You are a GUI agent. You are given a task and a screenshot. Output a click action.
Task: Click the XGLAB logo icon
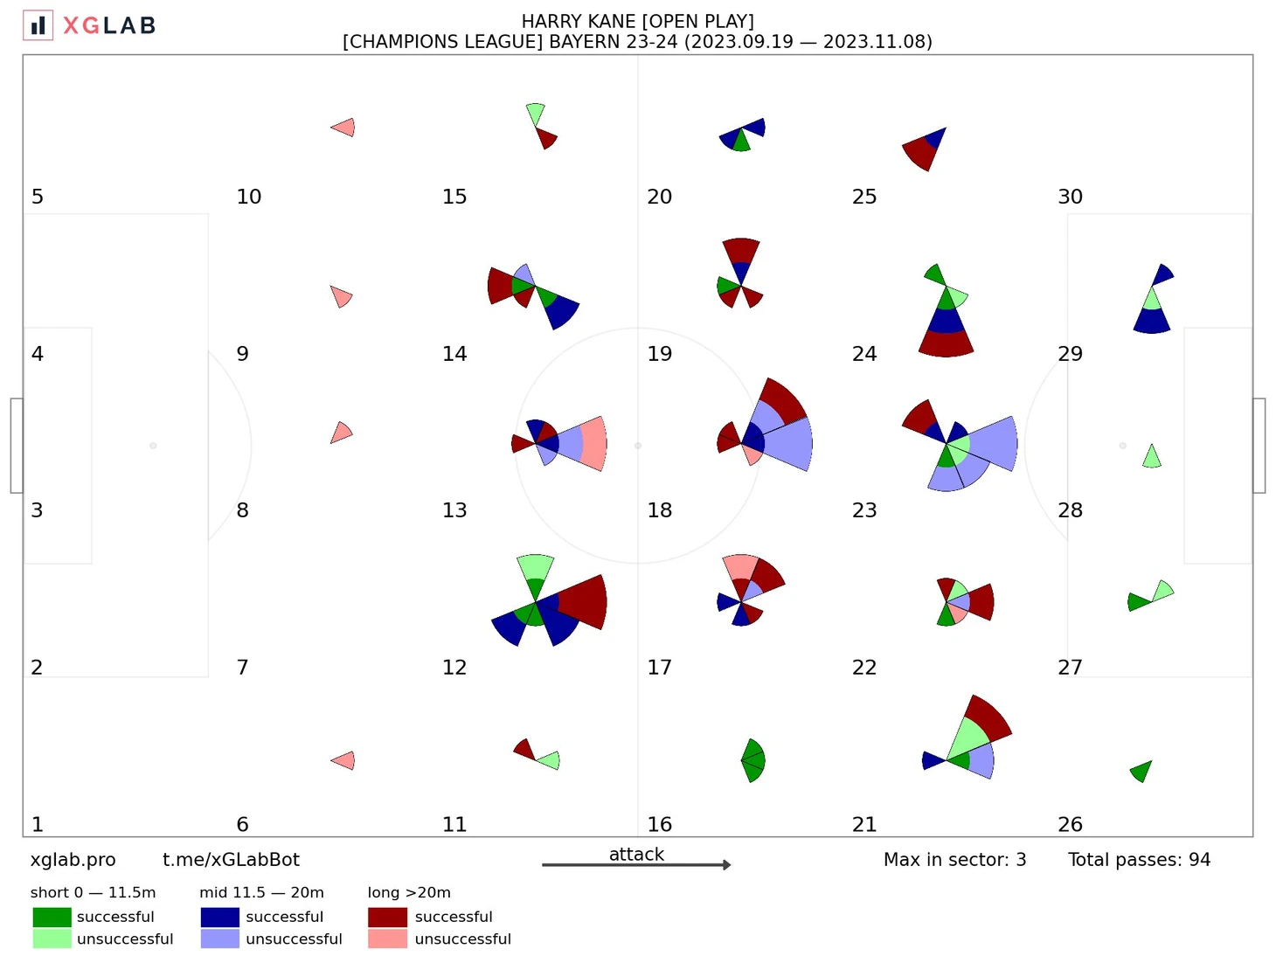click(x=38, y=25)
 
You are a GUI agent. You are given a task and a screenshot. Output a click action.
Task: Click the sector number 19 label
click(x=659, y=354)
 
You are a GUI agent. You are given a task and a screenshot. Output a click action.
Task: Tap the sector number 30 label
click(x=1070, y=197)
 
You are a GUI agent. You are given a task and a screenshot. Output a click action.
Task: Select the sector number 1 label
click(x=37, y=824)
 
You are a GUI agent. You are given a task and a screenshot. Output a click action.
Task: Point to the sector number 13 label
click(x=454, y=510)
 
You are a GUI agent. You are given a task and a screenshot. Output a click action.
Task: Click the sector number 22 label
click(x=863, y=668)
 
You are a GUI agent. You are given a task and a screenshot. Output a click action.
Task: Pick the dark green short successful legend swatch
click(x=52, y=917)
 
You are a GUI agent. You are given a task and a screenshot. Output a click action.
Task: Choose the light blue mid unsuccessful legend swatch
click(x=219, y=939)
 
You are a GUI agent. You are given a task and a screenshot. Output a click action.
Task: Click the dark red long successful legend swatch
click(x=387, y=917)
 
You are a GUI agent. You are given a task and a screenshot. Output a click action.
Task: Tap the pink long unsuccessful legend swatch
click(x=387, y=939)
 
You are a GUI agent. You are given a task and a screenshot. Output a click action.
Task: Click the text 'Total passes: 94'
click(x=1139, y=860)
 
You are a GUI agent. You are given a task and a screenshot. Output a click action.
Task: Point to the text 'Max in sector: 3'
click(x=954, y=860)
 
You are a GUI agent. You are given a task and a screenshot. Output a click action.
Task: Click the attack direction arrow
click(x=636, y=865)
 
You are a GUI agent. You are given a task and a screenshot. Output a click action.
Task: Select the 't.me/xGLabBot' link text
click(x=231, y=860)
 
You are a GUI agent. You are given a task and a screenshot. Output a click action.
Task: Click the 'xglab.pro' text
click(x=73, y=860)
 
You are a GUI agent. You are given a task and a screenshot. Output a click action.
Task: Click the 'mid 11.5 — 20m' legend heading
click(x=261, y=892)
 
